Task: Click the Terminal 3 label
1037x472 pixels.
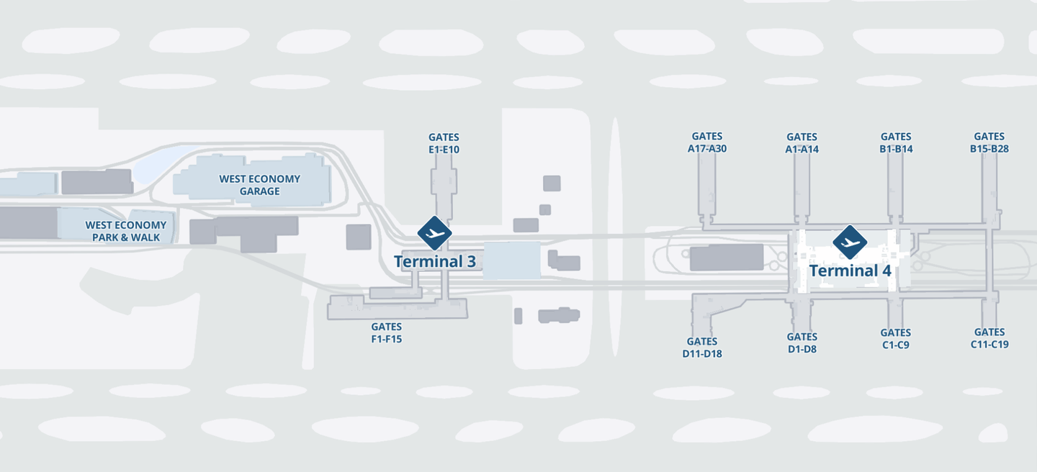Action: tap(434, 261)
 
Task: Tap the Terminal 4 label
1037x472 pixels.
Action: tap(850, 271)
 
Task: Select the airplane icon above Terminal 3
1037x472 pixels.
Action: tap(434, 233)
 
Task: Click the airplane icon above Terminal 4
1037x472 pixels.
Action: tap(850, 242)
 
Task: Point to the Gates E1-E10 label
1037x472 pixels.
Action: tap(444, 143)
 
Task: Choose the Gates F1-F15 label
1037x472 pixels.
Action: tap(387, 333)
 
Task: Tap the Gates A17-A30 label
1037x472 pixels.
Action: tap(706, 142)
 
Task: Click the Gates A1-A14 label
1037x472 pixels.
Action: tap(802, 143)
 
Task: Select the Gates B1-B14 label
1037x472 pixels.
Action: tap(896, 142)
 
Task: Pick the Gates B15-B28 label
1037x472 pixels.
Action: tap(989, 142)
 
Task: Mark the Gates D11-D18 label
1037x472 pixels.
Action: tap(702, 348)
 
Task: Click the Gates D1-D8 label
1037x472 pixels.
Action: tap(802, 342)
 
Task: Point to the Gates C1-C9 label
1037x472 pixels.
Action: tap(895, 338)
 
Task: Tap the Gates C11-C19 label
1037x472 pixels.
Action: tap(989, 338)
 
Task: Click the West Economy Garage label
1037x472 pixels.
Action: tap(259, 185)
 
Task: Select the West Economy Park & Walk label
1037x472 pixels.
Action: tap(125, 230)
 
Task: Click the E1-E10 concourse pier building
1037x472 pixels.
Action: tap(443, 191)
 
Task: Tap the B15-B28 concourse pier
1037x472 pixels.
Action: tap(989, 187)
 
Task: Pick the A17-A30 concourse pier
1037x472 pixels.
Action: tap(707, 187)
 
